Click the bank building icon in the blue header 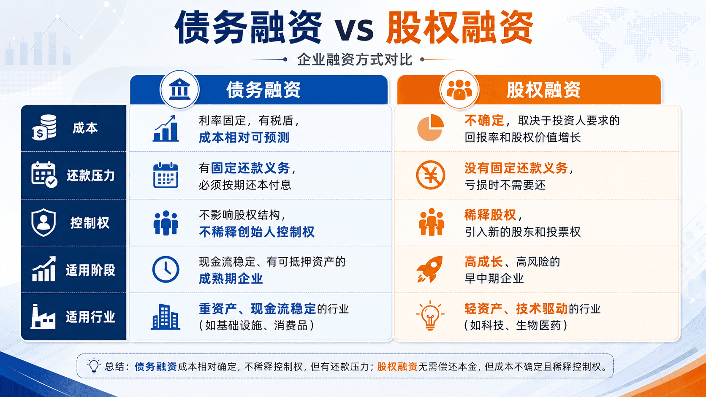tap(179, 89)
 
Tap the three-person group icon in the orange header tap(459, 89)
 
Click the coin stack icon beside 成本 tap(44, 127)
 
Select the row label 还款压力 tap(90, 176)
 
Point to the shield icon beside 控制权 tap(43, 222)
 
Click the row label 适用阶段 tap(90, 270)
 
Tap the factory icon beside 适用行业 tap(43, 316)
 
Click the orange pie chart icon tap(430, 127)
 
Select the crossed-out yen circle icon tap(430, 175)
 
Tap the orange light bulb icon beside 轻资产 tap(430, 316)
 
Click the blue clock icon tap(166, 269)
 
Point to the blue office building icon tap(166, 317)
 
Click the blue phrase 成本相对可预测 tap(244, 138)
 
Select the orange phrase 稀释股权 tap(490, 215)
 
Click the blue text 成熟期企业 tap(231, 278)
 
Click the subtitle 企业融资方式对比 tap(355, 59)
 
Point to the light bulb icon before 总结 tap(94, 366)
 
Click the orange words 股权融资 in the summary tap(397, 367)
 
